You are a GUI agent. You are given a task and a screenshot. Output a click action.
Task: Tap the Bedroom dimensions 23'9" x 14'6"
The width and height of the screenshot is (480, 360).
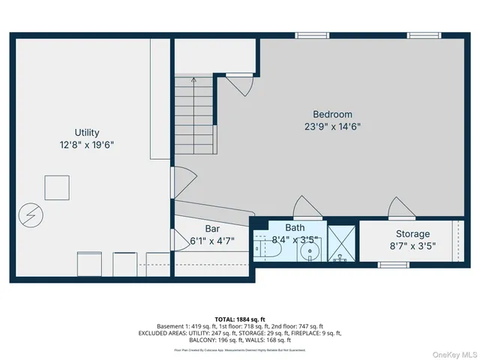[x=333, y=127]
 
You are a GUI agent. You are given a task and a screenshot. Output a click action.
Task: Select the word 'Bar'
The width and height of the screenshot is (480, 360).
[x=212, y=229]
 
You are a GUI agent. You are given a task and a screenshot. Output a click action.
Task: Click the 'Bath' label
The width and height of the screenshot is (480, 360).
[x=295, y=228]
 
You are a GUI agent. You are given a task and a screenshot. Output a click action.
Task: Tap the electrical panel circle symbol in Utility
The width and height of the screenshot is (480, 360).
[x=31, y=215]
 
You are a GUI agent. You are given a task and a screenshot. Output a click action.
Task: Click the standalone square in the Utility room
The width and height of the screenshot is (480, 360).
[x=57, y=187]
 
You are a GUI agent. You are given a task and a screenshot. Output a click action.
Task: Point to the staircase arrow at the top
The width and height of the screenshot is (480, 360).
[x=194, y=78]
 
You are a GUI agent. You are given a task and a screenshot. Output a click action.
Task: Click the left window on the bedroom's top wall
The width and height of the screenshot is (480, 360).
[x=311, y=35]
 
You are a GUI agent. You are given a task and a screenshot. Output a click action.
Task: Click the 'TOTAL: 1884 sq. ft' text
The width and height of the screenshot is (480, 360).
[x=239, y=318]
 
